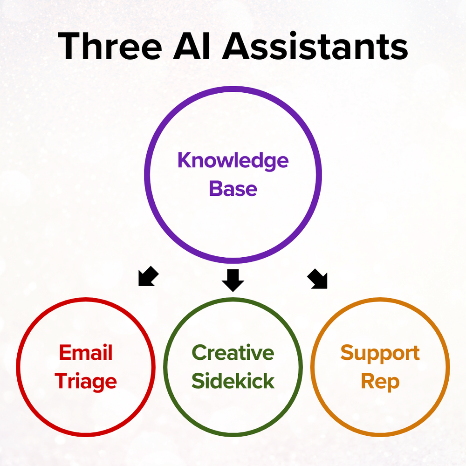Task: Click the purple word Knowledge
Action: click(233, 161)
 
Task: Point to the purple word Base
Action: click(233, 189)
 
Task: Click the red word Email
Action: click(86, 353)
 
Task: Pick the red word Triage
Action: click(86, 382)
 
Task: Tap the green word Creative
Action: click(233, 353)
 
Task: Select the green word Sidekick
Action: click(233, 382)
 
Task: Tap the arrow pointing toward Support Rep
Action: click(318, 279)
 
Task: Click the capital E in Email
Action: click(65, 353)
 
